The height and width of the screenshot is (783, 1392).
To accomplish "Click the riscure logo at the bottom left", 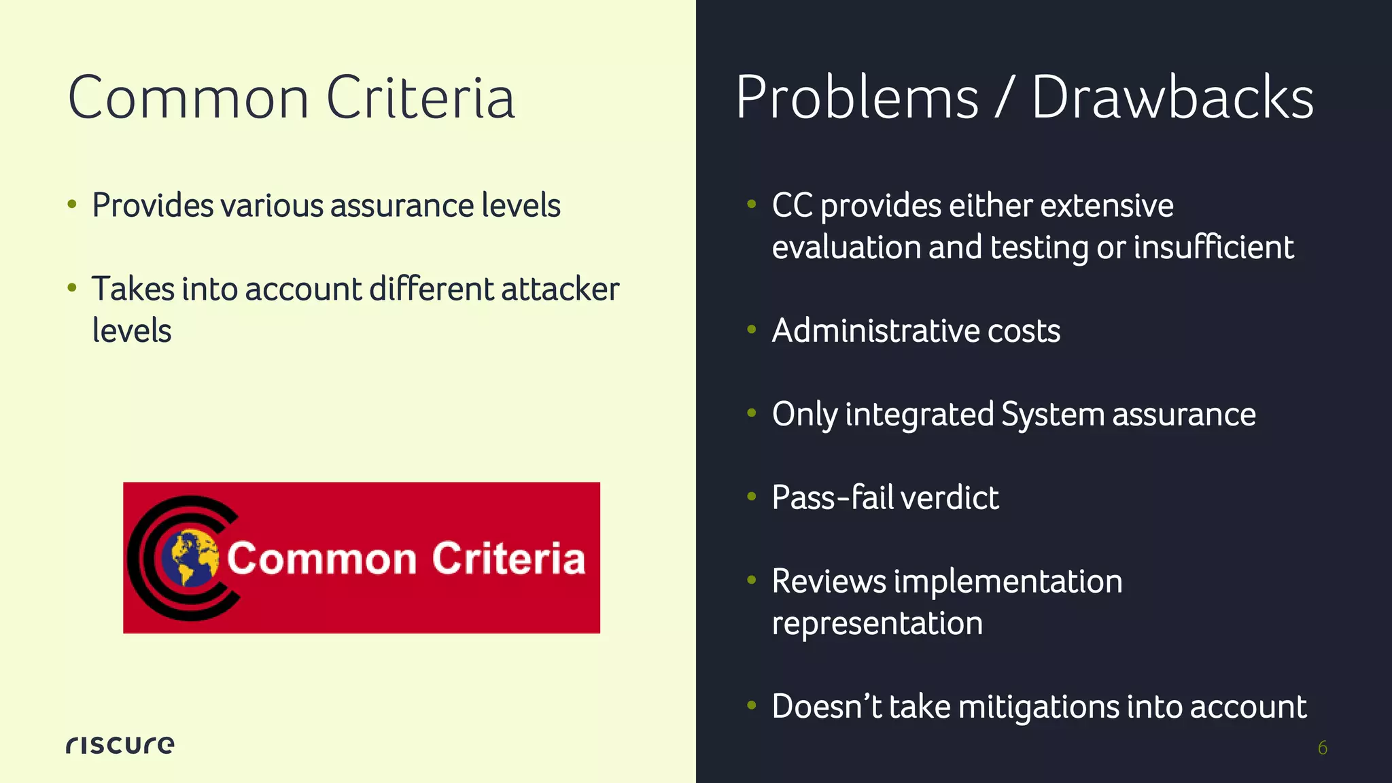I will pos(120,745).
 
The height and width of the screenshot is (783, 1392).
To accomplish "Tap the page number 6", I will pos(1322,748).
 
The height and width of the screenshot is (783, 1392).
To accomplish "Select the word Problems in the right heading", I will pos(857,98).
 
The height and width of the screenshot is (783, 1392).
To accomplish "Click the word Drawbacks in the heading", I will pos(1172,98).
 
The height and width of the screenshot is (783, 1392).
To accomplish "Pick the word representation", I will pos(877,623).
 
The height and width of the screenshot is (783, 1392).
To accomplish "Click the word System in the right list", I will pos(1052,415).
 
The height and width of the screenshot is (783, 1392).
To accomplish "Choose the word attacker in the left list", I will pos(560,290).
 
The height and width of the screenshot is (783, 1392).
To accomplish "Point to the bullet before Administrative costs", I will pos(751,330).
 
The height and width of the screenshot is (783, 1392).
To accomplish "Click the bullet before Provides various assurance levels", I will pos(72,205).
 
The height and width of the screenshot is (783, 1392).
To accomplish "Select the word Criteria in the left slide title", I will pos(420,99).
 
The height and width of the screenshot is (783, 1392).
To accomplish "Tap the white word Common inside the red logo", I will pos(321,559).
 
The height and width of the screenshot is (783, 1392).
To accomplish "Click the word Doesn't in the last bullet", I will pos(826,707).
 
